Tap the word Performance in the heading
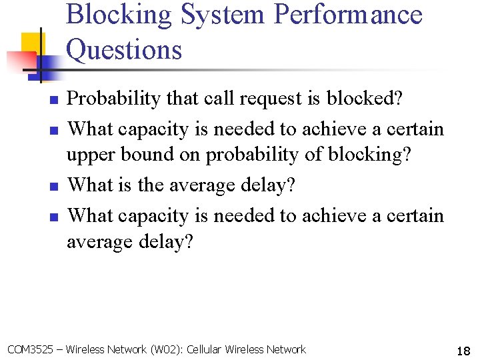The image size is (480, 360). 347,15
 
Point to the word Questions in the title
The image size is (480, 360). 124,49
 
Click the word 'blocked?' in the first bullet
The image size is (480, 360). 365,99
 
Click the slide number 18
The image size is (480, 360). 463,351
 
